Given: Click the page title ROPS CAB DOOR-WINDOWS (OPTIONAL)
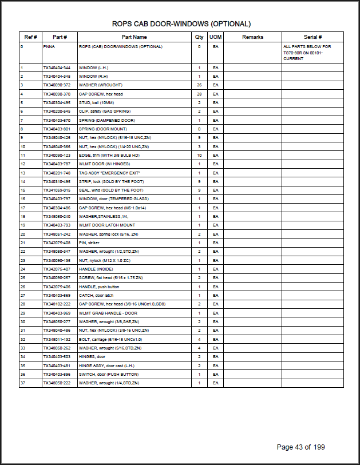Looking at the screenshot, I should pos(181,24).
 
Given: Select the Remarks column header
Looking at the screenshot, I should pos(252,37).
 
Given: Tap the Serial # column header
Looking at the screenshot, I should pos(312,37).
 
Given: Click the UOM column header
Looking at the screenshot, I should pos(215,37).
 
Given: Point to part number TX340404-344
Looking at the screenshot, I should pos(57,67).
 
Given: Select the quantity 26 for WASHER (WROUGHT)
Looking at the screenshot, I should pos(199,85).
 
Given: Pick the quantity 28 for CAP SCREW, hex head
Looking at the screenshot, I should pos(199,94).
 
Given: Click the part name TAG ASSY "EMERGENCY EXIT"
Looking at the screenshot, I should pos(109,173).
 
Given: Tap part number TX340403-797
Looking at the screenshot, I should pos(57,199).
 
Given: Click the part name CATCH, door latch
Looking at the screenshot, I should pos(96,295).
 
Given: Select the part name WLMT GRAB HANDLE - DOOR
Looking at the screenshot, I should pos(108,313).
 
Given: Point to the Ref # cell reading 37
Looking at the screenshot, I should pos(22,383).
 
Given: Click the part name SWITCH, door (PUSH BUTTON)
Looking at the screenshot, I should pos(106,374).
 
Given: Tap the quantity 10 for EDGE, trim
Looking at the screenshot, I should pos(199,155).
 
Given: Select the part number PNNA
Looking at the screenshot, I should pos(49,46).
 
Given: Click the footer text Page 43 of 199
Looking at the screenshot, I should pos(300,447).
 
